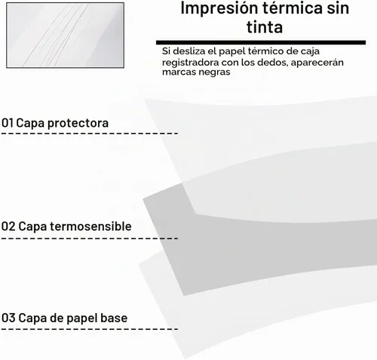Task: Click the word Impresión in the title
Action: click(219, 8)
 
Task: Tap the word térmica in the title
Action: click(293, 8)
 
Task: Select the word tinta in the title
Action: click(265, 27)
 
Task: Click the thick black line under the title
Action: click(261, 42)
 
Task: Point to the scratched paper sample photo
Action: click(66, 35)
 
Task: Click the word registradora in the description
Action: click(190, 63)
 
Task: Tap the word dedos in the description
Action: click(277, 62)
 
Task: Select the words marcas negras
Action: click(196, 72)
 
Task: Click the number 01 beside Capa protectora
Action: click(8, 123)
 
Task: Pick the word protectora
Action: click(78, 123)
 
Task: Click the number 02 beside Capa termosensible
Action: click(8, 226)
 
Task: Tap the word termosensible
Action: click(90, 226)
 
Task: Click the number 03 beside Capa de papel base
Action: click(8, 318)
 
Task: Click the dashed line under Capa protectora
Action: click(90, 133)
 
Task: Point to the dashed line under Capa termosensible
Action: click(90, 238)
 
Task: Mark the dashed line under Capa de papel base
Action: click(90, 329)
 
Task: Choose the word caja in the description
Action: click(311, 51)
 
